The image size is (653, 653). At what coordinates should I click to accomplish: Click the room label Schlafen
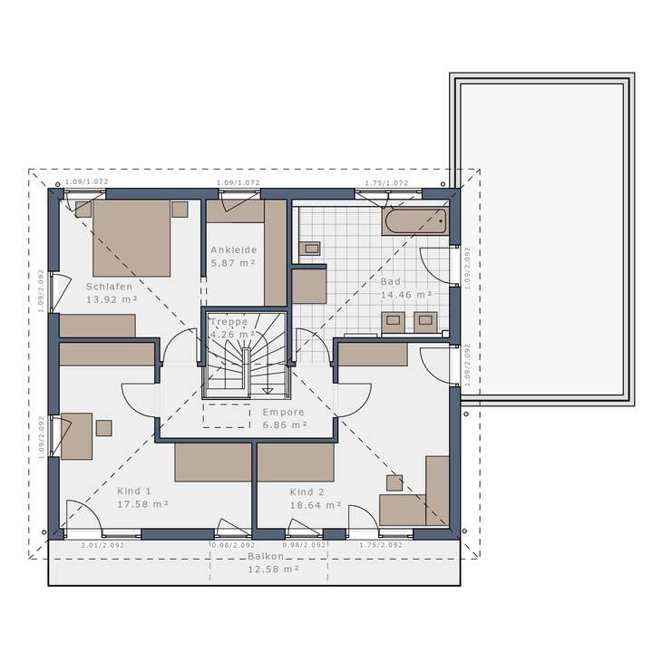(x=111, y=286)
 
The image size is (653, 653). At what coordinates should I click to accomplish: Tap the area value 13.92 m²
(x=111, y=298)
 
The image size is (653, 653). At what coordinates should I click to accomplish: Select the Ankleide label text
(x=234, y=249)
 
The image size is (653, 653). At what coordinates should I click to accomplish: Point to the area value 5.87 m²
(x=234, y=262)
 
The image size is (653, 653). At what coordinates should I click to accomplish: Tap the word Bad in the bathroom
(x=390, y=282)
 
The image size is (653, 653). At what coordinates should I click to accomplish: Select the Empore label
(x=284, y=412)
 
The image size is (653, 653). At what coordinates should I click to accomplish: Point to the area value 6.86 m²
(x=284, y=424)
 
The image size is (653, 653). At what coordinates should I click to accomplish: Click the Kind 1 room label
(x=135, y=490)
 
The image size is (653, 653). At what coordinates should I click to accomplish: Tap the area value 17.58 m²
(x=142, y=502)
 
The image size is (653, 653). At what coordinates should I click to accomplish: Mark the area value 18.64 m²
(x=315, y=505)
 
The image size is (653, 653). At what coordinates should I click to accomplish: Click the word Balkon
(x=269, y=556)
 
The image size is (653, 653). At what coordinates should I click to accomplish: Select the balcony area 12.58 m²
(x=274, y=569)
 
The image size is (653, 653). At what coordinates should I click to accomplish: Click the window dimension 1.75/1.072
(x=386, y=182)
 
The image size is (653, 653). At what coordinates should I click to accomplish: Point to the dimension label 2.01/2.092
(x=102, y=545)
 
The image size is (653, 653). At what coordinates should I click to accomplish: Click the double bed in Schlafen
(x=132, y=237)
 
